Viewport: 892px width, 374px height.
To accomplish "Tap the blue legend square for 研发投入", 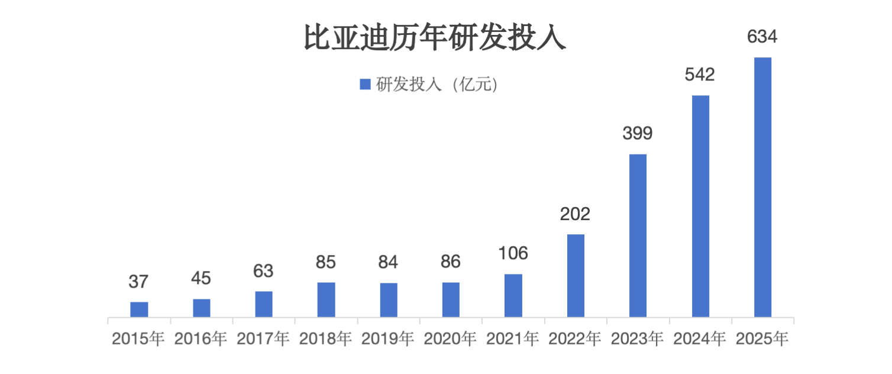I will point(365,85).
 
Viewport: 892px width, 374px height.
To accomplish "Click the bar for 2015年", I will point(139,309).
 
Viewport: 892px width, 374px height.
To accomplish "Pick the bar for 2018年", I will point(326,299).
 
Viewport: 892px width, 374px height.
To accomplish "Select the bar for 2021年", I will point(513,295).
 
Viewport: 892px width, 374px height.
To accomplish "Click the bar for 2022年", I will point(576,276).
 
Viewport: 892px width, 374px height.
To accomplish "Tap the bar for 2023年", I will point(638,236).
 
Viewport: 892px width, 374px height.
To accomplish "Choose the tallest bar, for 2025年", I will point(762,187).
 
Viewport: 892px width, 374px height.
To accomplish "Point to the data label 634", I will point(762,37).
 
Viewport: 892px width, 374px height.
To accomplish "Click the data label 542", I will point(700,75).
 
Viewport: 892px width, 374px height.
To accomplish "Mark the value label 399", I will point(638,134).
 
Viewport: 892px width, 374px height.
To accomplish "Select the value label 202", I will point(576,214).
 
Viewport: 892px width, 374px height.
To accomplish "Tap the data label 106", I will point(513,253).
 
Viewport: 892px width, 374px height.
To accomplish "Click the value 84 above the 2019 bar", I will point(389,262).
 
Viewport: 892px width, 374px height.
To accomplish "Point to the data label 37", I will point(138,282).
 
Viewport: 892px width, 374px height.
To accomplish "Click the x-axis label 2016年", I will point(201,339).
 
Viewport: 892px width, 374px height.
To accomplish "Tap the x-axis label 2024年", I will point(700,339).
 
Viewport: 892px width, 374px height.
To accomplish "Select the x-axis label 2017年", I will point(263,339).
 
